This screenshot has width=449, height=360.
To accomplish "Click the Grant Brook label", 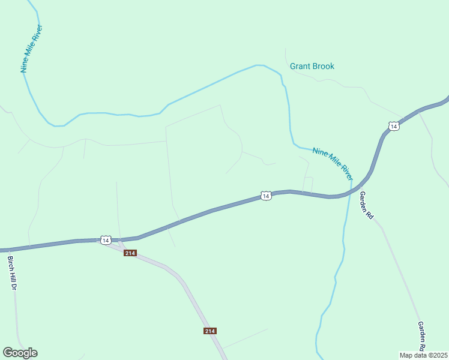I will (312, 66).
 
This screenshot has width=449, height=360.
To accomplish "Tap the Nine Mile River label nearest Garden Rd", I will (333, 163).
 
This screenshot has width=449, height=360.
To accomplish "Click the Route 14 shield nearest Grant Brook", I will (393, 126).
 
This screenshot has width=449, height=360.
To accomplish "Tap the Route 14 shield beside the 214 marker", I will (106, 240).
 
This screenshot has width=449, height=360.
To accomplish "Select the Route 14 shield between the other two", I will (266, 196).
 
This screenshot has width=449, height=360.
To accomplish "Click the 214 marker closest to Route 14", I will (130, 253).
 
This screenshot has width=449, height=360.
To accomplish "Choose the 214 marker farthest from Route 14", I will (209, 331).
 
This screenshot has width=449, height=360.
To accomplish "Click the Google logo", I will (20, 353).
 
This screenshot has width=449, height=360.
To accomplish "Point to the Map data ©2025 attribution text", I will (424, 355).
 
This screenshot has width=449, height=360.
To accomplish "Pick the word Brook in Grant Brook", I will (323, 66).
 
